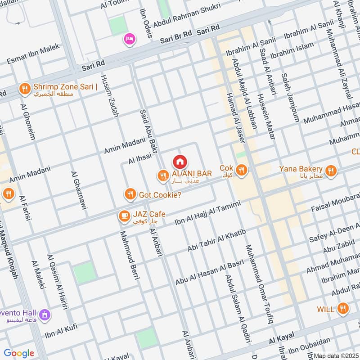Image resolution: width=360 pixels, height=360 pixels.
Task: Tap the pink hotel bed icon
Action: tap(130, 39)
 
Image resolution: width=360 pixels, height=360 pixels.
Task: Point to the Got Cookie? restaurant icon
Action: tap(130, 194)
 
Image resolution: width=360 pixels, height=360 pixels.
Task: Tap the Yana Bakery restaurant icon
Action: tap(331, 171)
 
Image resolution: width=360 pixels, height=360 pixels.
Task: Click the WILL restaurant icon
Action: tap(343, 309)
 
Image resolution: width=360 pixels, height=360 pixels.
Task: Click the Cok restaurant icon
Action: tap(242, 170)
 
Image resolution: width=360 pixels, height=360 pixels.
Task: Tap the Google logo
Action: tap(19, 353)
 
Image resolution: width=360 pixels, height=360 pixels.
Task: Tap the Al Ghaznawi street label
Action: tap(79, 190)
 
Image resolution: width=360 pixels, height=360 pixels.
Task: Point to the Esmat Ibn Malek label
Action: tap(33, 56)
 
